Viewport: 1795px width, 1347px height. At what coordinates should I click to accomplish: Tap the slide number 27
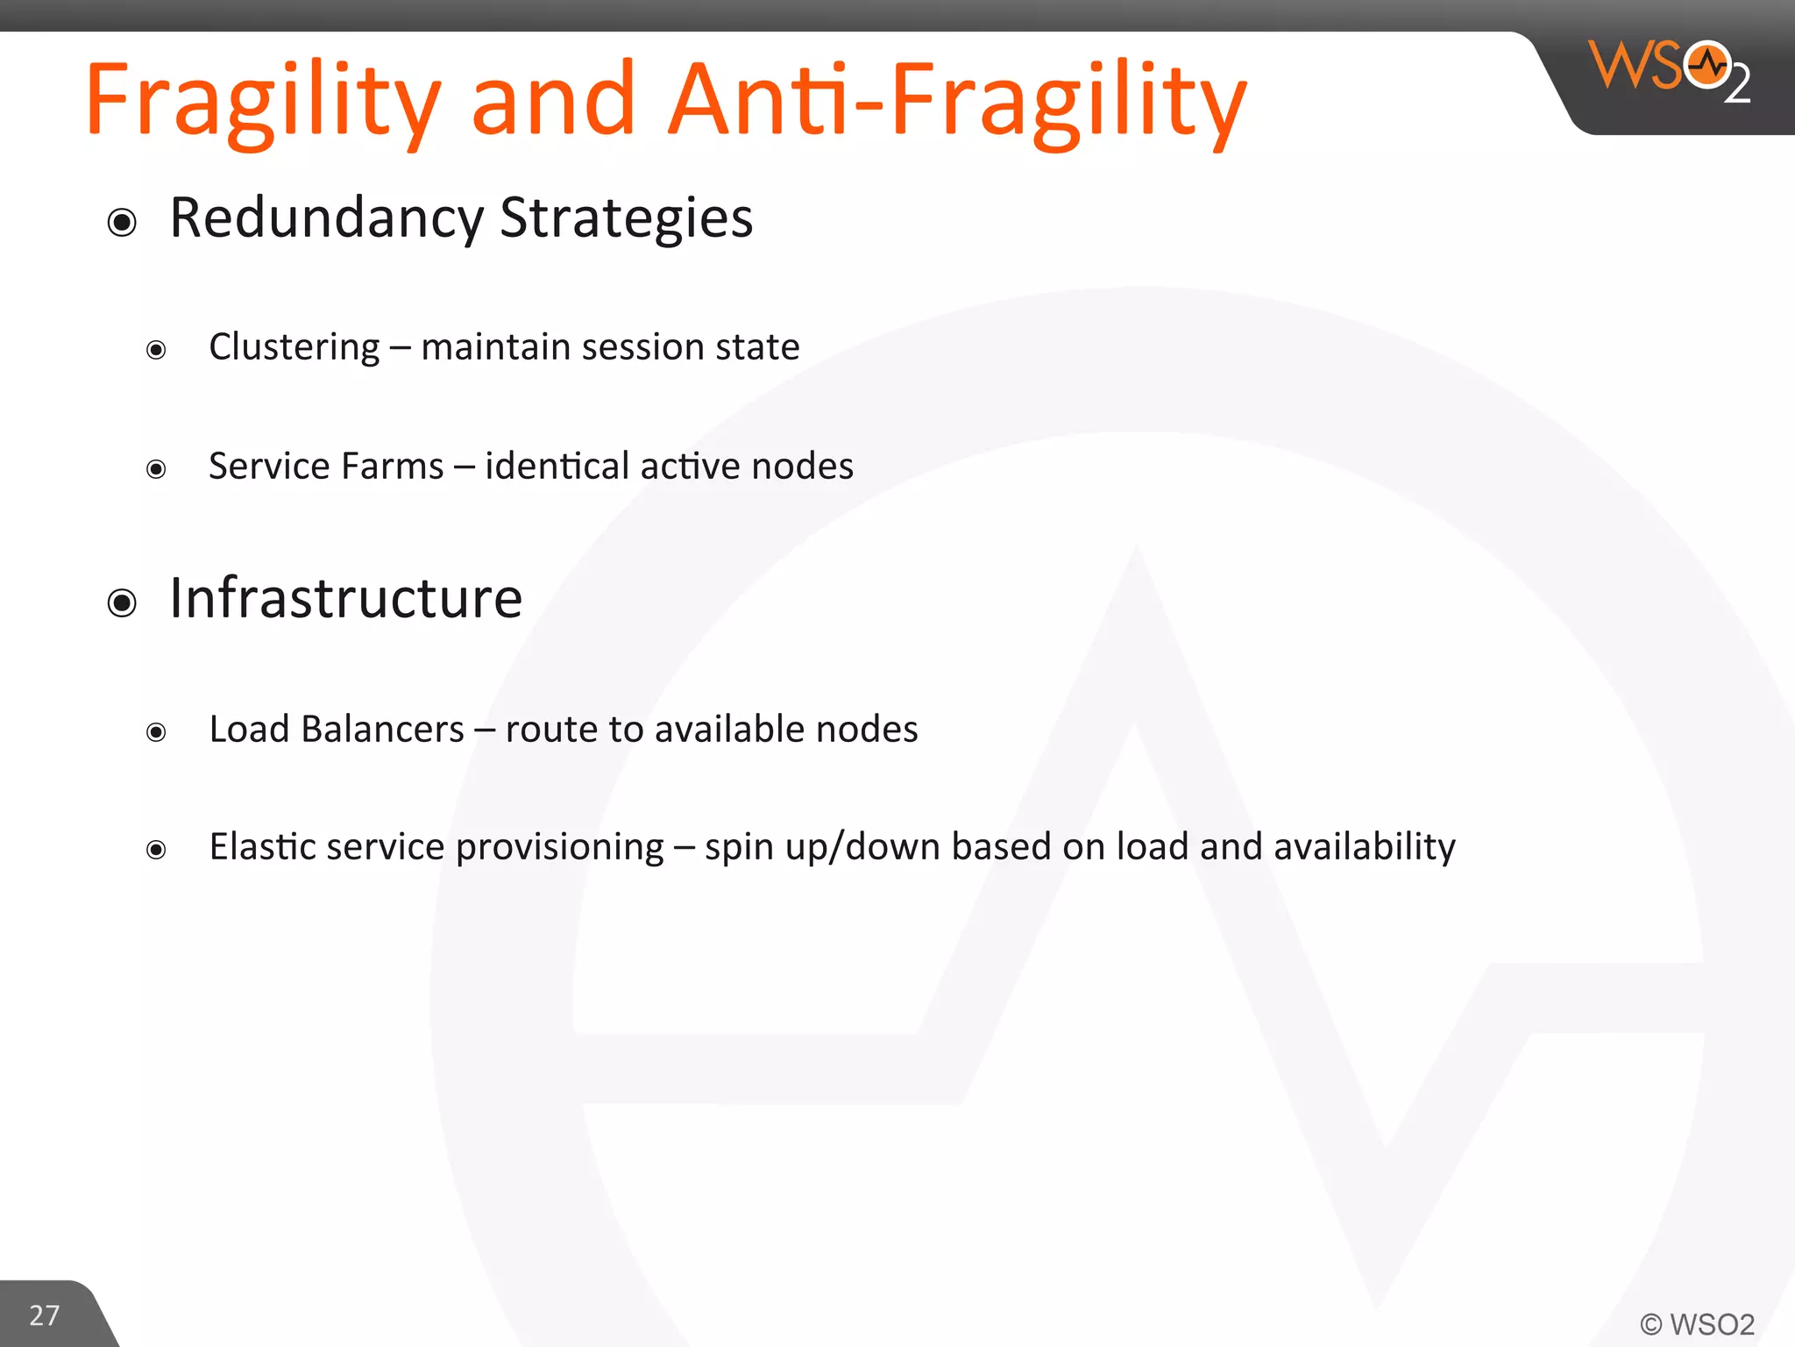click(44, 1315)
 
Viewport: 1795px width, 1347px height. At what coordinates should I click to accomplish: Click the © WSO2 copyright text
click(1697, 1324)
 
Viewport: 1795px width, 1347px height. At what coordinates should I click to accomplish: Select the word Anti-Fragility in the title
click(955, 101)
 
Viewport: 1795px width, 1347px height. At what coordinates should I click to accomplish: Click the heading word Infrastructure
click(345, 598)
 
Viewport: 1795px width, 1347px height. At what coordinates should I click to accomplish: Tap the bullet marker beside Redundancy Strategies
click(122, 223)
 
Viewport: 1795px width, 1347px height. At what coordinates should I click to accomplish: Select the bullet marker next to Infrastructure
click(122, 603)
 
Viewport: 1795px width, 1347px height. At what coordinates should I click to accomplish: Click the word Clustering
click(294, 347)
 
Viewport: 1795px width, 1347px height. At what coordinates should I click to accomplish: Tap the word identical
click(557, 467)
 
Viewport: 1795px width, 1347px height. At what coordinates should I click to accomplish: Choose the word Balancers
click(382, 730)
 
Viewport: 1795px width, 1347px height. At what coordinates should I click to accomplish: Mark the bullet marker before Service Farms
click(156, 470)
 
